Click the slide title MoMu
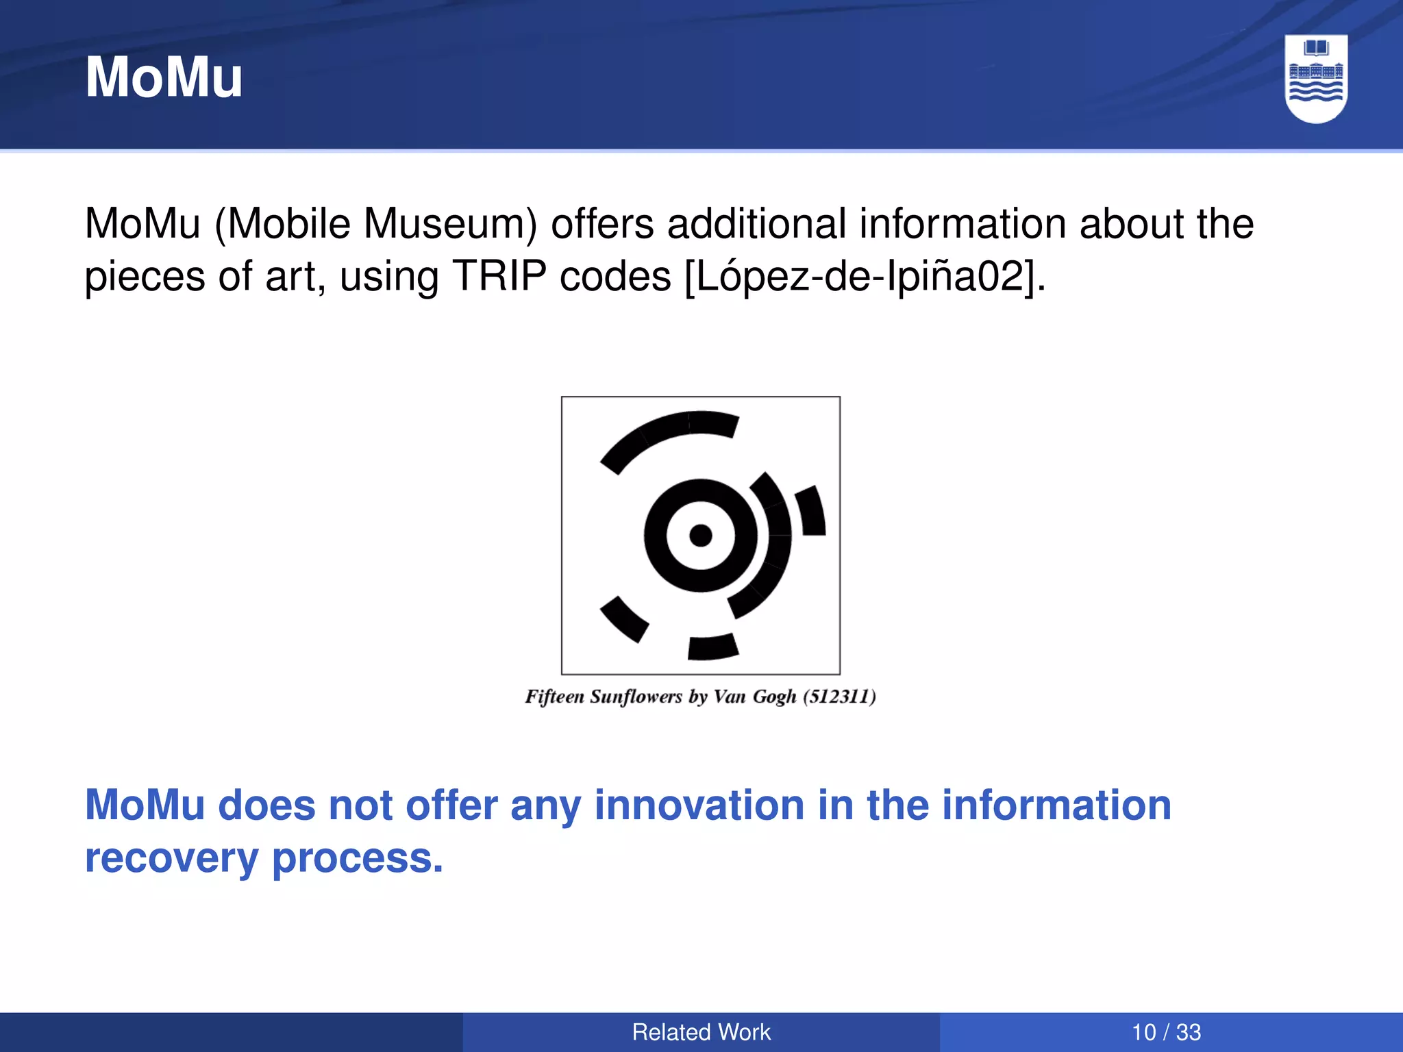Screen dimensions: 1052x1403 (164, 77)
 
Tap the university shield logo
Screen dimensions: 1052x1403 (1315, 79)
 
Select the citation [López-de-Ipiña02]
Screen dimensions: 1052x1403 (865, 277)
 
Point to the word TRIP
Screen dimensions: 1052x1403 (499, 277)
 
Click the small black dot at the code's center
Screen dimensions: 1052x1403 (700, 535)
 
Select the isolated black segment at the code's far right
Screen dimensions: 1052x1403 (811, 511)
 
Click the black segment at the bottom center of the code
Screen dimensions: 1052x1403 (712, 647)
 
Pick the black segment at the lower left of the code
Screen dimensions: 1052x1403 (624, 619)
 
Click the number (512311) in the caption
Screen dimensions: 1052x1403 (839, 697)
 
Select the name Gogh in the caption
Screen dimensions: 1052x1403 (774, 697)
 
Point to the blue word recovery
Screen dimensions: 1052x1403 (171, 858)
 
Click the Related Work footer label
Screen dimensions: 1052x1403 (701, 1032)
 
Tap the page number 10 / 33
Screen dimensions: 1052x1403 (1166, 1032)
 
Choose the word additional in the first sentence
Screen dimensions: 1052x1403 (756, 224)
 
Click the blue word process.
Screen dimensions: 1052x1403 (357, 858)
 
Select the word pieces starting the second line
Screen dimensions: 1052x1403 (145, 277)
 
